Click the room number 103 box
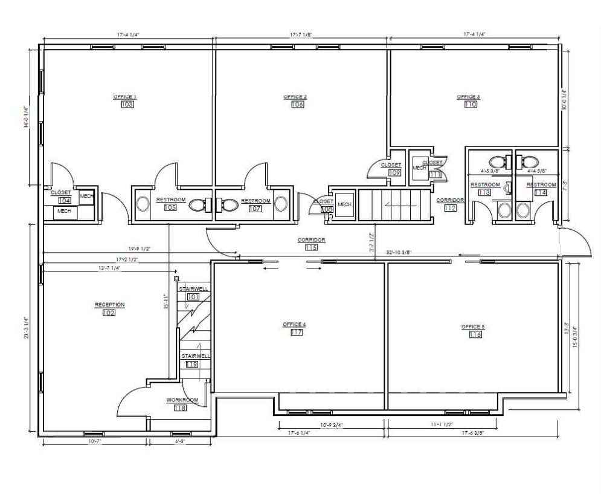pos(127,105)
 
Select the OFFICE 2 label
pos(295,97)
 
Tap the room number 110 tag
pos(471,105)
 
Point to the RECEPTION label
pos(109,305)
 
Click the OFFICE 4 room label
pos(294,325)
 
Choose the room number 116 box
pos(475,334)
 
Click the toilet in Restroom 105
pos(198,205)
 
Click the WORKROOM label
pos(182,400)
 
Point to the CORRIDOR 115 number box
pos(311,247)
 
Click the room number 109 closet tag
pos(394,172)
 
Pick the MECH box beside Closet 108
pos(344,204)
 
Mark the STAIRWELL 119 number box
pos(192,365)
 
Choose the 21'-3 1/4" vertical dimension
pos(26,328)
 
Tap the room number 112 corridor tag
pos(449,208)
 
